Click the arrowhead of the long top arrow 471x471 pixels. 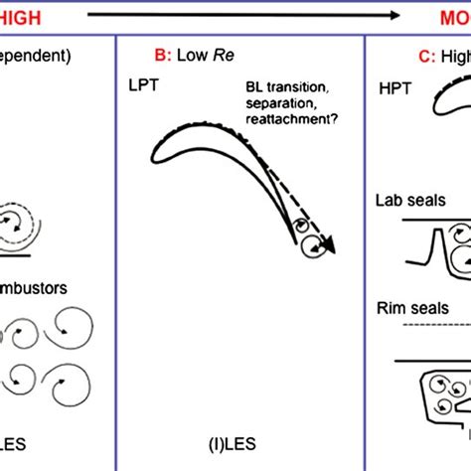pos(393,14)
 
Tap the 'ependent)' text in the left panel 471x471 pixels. pos(36,56)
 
